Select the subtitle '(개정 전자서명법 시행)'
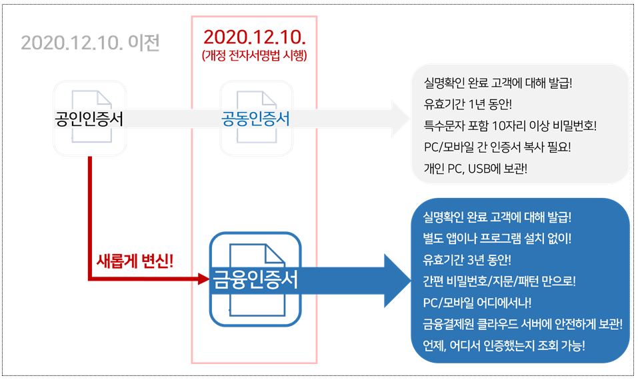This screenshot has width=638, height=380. pos(254,56)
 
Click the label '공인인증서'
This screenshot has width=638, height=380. pos(89,119)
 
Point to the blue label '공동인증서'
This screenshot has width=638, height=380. pos(255,119)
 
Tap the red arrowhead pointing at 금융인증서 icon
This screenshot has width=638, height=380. pos(204,279)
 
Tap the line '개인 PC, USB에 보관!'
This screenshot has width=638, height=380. pos(475,168)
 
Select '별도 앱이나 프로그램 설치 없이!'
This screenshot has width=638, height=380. pos(497,238)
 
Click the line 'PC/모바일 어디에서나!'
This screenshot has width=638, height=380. pos(477,302)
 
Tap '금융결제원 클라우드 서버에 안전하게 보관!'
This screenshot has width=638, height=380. pos(523,324)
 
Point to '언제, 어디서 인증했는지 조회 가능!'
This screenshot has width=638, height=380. pos(504,345)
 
